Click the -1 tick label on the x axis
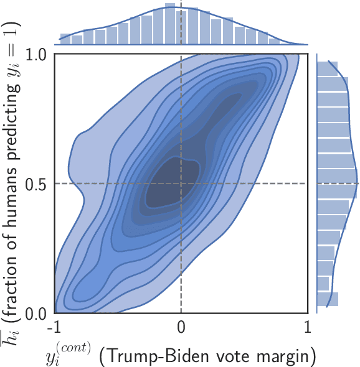[x=55, y=327]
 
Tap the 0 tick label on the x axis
[x=181, y=327]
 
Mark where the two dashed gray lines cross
[x=181, y=183]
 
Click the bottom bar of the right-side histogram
[x=328, y=299]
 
